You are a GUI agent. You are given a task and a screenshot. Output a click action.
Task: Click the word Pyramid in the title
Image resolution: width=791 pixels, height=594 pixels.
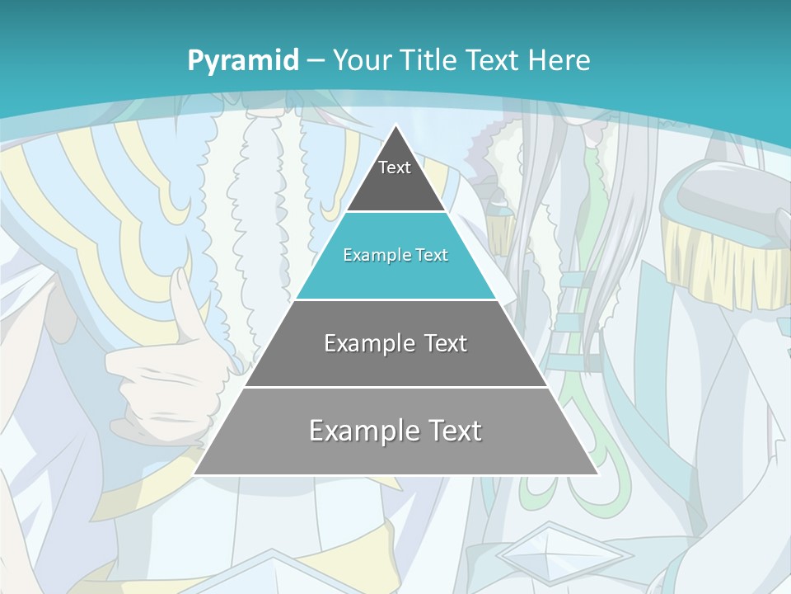tap(242, 60)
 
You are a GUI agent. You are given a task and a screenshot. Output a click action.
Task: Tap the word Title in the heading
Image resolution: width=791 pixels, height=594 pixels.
tap(430, 60)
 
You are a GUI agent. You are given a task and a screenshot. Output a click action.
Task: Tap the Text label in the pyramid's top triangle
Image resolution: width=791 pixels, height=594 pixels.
tap(395, 167)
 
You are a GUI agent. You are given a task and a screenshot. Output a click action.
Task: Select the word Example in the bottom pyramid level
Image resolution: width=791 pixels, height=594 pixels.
tap(363, 430)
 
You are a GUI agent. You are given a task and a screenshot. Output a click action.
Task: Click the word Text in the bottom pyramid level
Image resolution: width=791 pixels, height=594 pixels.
tap(452, 430)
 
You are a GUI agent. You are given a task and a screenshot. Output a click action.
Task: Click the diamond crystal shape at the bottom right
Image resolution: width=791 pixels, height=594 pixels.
tap(564, 553)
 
